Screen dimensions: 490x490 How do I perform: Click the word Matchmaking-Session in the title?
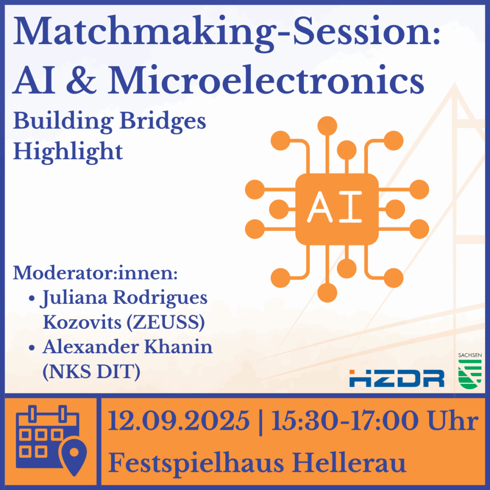pos(223,33)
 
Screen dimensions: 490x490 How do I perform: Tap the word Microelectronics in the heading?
pos(266,80)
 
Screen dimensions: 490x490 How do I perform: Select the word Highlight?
pos(68,152)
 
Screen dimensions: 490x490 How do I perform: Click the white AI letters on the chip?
pos(334,207)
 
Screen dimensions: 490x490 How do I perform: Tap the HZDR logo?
pos(397,378)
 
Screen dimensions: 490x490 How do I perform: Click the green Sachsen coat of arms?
pos(470,374)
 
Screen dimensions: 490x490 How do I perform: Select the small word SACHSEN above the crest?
pos(470,356)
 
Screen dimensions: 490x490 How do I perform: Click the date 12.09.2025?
pos(179,421)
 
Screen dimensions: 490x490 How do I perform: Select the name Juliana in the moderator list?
pos(73,298)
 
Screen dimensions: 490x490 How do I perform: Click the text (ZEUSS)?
pos(166,322)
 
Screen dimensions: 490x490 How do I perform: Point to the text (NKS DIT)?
pos(91,372)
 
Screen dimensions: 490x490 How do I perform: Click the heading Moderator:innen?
pos(95,273)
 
